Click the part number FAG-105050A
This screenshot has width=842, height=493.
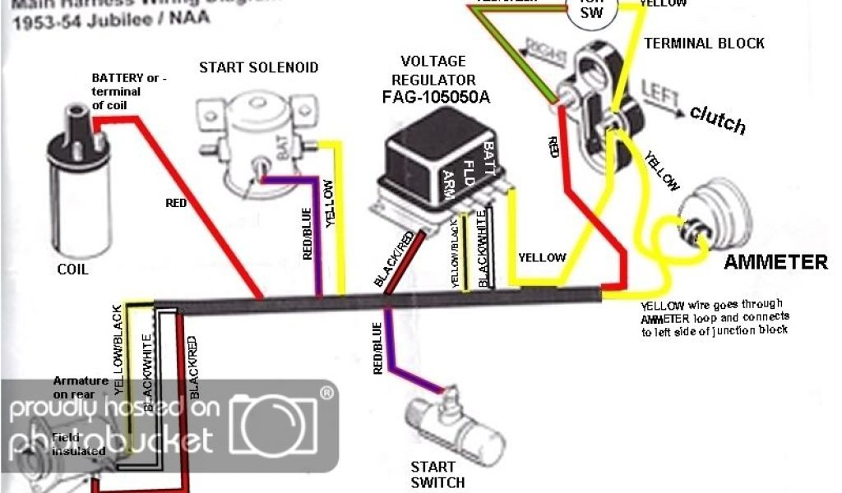click(433, 98)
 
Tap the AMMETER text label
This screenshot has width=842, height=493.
click(775, 263)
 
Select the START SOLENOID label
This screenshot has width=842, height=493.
click(258, 67)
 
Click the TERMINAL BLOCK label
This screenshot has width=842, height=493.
click(704, 44)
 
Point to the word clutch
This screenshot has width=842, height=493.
click(718, 121)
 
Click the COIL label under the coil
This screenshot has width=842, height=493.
click(73, 270)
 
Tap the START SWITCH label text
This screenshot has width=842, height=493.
click(437, 475)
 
